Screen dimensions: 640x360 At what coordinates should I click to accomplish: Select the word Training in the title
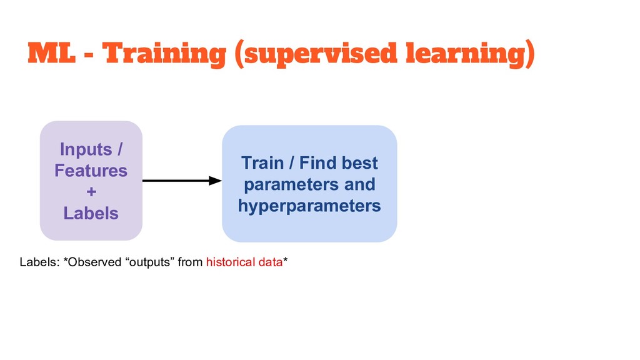tap(165, 55)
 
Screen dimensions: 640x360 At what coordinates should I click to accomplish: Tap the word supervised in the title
tap(317, 55)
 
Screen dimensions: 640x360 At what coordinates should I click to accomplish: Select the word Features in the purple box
tap(91, 171)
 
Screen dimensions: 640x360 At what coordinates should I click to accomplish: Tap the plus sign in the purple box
tap(91, 192)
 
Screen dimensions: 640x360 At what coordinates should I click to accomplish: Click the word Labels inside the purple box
tap(91, 213)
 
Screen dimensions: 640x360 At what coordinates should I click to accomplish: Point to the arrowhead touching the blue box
tap(216, 181)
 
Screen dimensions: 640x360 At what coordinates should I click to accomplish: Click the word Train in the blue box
tap(262, 164)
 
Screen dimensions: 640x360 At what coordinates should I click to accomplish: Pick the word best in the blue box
tap(360, 164)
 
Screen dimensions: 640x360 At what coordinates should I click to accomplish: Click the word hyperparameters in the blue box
tap(309, 206)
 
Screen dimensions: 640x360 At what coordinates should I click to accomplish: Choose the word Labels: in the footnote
tap(36, 262)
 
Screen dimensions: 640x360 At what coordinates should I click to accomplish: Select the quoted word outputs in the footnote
tap(151, 262)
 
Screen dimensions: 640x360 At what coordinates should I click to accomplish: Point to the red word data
tap(269, 262)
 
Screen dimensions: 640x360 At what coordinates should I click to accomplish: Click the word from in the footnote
tap(190, 262)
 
